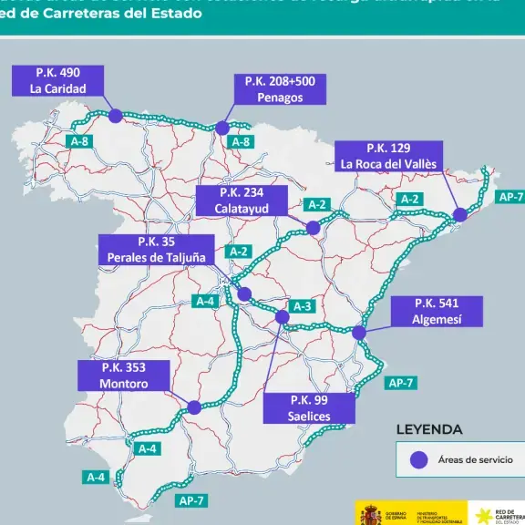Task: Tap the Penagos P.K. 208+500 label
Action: tap(280, 89)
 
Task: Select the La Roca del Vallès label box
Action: tap(388, 156)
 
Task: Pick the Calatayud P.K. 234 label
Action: tap(241, 201)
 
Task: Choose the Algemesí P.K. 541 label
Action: tap(437, 311)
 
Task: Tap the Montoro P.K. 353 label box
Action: tap(124, 376)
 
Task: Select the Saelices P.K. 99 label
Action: tap(309, 407)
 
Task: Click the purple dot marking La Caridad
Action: tap(115, 116)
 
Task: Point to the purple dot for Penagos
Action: tap(222, 129)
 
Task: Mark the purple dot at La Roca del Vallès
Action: tap(459, 214)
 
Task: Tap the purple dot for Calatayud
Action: tap(314, 228)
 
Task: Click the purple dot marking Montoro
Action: tap(193, 408)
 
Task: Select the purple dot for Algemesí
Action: tap(359, 333)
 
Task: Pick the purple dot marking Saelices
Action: tap(282, 317)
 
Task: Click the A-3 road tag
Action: tap(302, 306)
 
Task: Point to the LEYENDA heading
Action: tap(428, 429)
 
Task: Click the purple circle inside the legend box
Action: tap(418, 460)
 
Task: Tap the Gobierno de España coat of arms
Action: tap(370, 515)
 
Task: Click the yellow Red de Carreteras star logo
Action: tap(480, 515)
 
